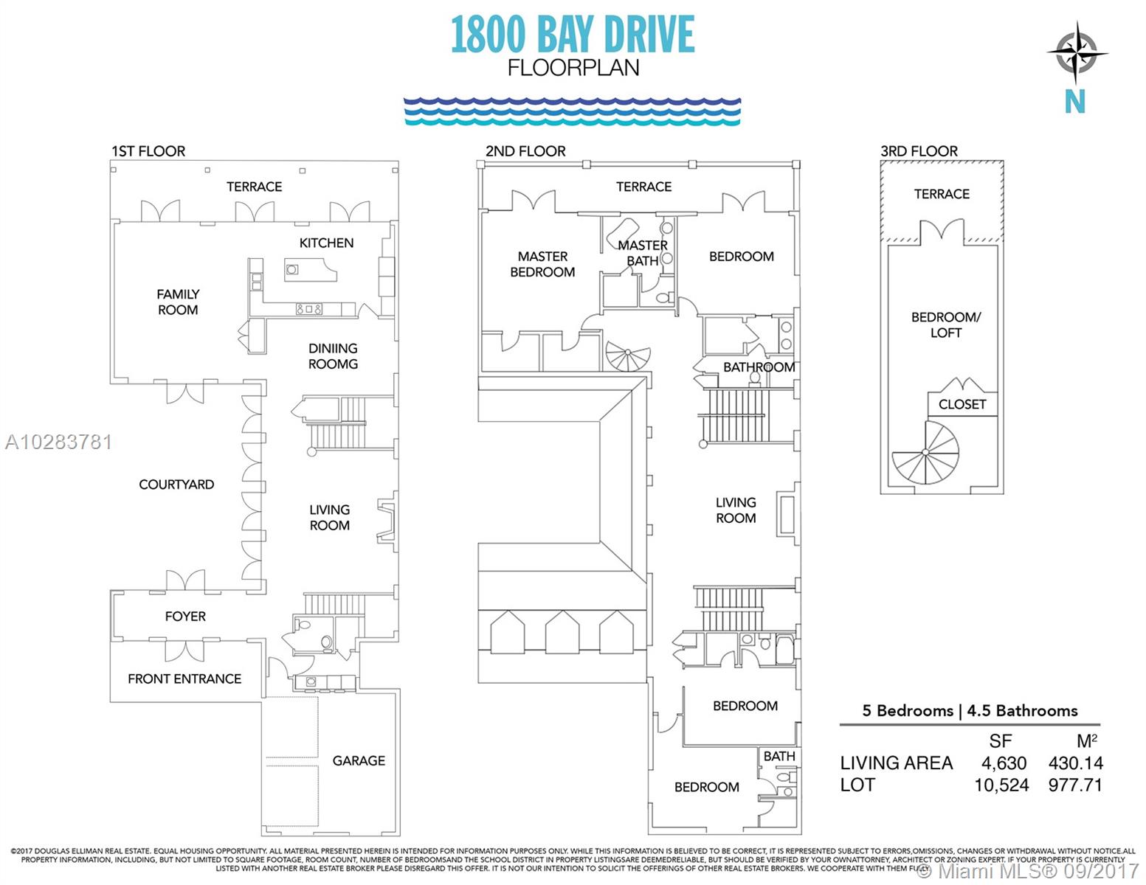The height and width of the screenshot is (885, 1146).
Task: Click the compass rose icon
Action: pos(1076,53)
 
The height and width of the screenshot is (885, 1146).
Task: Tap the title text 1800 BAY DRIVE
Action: pos(573,35)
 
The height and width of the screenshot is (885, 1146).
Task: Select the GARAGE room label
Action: pos(359,760)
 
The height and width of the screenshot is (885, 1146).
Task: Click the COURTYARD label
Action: pos(176,485)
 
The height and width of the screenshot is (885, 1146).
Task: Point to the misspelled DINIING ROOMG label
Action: pos(333,356)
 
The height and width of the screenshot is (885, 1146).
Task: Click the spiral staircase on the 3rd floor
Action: pos(925,453)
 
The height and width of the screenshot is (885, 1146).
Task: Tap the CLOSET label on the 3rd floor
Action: pos(962,404)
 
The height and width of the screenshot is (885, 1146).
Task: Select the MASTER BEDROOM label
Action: pos(542,264)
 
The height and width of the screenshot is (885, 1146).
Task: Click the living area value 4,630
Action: pos(1004,763)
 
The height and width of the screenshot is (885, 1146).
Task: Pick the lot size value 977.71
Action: pos(1075,785)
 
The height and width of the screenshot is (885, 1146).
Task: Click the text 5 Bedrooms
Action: pos(907,711)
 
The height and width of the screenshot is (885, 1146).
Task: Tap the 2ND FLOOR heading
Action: pos(525,151)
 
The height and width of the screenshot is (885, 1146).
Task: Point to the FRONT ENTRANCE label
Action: pos(184,678)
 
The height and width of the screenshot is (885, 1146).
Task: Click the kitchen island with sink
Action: pos(310,270)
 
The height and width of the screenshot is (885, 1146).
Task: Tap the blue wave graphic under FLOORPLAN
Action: pos(572,111)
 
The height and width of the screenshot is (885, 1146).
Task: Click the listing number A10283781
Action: pos(58,442)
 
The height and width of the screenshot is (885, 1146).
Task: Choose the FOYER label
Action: pos(185,617)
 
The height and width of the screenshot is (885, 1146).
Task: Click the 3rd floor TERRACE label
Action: pos(942,194)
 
